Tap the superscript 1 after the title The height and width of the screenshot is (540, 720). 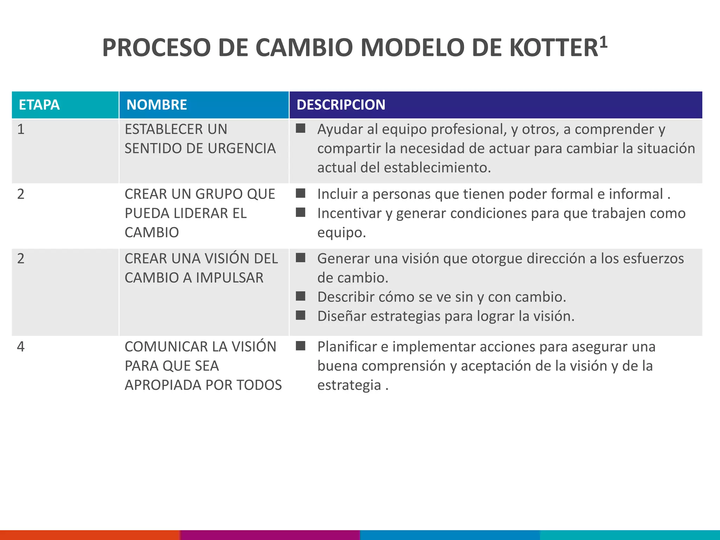pyautogui.click(x=603, y=42)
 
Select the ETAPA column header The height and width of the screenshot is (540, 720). pyautogui.click(x=39, y=105)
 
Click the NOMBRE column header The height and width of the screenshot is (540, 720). pyautogui.click(x=156, y=105)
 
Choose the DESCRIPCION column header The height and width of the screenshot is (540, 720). pyautogui.click(x=341, y=105)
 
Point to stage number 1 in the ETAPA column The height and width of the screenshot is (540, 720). pyautogui.click(x=21, y=129)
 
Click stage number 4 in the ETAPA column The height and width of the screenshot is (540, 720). pyautogui.click(x=21, y=347)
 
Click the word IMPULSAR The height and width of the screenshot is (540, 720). pyautogui.click(x=229, y=278)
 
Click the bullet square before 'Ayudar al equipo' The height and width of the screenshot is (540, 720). pyautogui.click(x=300, y=129)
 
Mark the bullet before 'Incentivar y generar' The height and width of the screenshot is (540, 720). pyautogui.click(x=300, y=213)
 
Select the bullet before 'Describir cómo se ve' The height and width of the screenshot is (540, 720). pyautogui.click(x=300, y=296)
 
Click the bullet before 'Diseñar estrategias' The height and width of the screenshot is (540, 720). pyautogui.click(x=300, y=315)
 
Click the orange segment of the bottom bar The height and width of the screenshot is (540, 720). pyautogui.click(x=90, y=535)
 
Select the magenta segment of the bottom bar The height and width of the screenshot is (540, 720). pyautogui.click(x=270, y=535)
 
